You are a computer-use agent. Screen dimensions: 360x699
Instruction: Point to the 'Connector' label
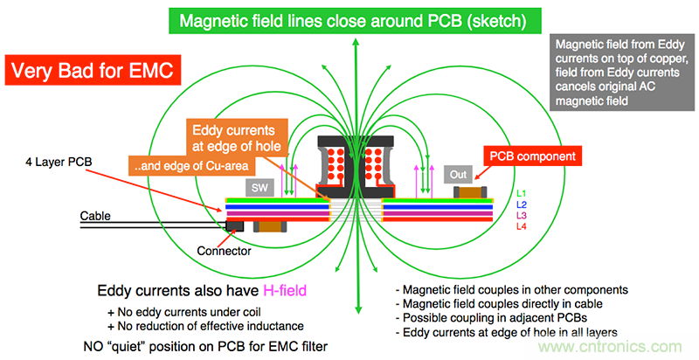225,251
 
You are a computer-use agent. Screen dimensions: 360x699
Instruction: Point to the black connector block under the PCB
234,226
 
